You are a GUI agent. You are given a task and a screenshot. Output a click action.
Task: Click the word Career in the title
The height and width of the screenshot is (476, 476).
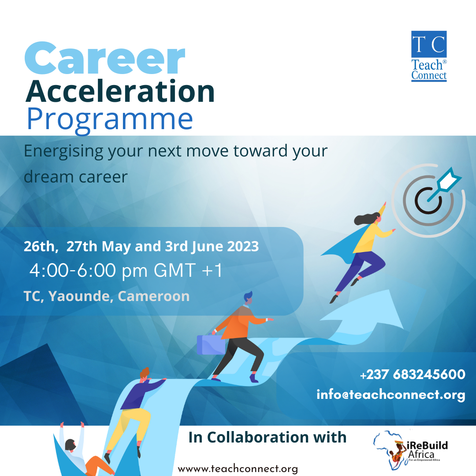point(104,59)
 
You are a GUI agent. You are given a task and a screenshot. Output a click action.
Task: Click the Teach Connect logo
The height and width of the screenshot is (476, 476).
point(428,56)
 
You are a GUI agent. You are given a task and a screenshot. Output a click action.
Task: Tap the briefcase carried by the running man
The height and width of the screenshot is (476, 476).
point(211,345)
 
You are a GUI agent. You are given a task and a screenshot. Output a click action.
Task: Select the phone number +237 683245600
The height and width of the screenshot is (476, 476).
point(413,375)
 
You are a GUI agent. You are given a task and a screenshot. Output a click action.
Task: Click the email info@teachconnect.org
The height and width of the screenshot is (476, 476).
point(390,394)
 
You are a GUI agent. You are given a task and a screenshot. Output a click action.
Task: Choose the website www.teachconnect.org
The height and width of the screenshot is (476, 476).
point(238,469)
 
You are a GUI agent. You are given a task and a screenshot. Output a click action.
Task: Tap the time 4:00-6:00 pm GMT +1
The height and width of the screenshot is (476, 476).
point(125,271)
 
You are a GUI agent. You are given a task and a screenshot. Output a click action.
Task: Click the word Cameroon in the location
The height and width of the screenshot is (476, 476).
point(154,296)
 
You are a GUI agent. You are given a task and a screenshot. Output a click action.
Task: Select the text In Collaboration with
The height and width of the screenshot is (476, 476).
point(267,437)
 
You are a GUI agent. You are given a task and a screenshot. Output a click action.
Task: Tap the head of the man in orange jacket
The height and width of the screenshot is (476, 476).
point(248,298)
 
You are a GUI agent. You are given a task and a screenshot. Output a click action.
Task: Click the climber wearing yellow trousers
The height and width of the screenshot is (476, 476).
point(132,410)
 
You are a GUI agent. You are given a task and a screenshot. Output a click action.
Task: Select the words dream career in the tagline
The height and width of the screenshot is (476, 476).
point(75,177)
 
